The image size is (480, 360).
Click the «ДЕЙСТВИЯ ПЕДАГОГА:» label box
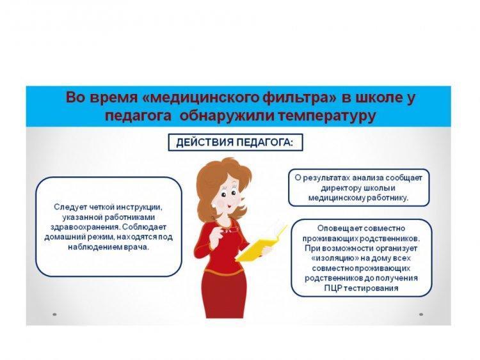click(236, 143)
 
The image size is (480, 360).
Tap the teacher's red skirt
click(225, 294)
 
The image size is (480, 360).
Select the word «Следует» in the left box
click(70, 207)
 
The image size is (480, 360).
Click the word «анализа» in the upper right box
click(367, 178)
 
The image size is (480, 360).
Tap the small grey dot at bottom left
click(54, 314)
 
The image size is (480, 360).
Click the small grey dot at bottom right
click(421, 314)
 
